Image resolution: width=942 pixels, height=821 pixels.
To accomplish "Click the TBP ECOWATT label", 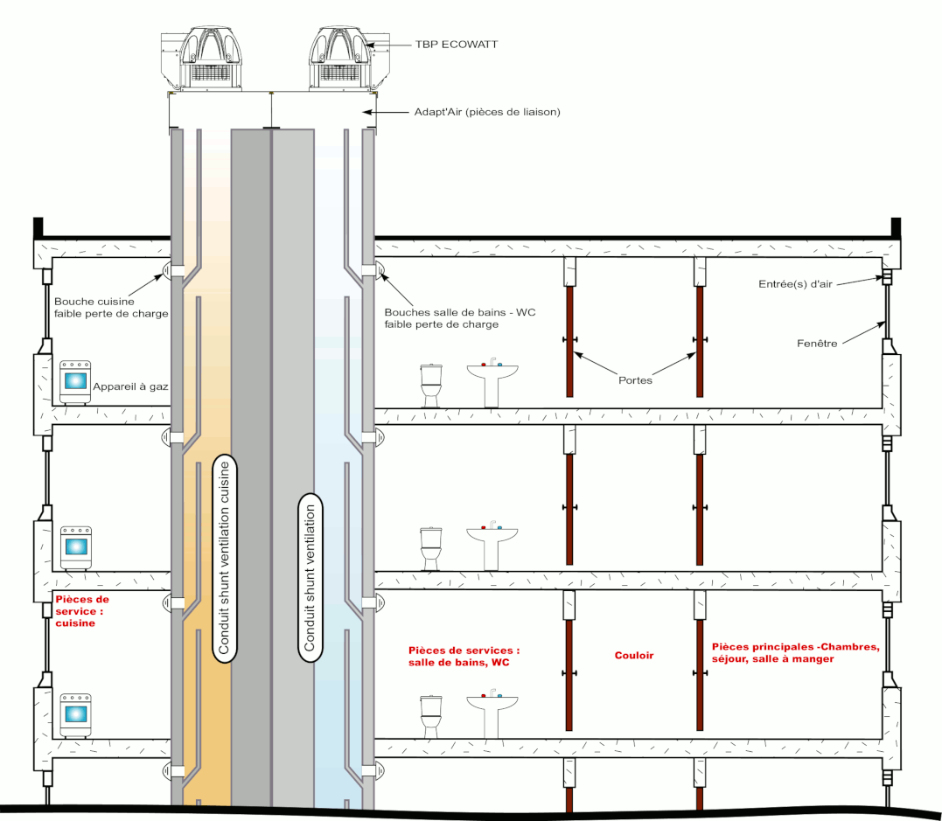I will coord(457,44).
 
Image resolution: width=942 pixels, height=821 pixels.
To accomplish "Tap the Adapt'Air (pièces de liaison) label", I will coord(486,112).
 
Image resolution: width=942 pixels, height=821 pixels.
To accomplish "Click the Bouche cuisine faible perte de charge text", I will coord(111,307).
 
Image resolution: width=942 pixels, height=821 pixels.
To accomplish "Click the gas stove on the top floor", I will coord(76,382).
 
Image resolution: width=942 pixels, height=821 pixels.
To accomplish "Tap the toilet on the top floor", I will coord(431,385).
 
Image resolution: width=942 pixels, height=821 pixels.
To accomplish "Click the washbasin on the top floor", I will coord(492,379).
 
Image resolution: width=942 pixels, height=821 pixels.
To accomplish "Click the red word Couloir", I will coord(634,655).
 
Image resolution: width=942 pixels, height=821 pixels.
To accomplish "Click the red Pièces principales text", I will coord(794,652).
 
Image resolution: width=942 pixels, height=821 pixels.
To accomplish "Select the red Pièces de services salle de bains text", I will coord(464,657).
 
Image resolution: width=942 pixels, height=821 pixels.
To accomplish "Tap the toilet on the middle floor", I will coord(431,547).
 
